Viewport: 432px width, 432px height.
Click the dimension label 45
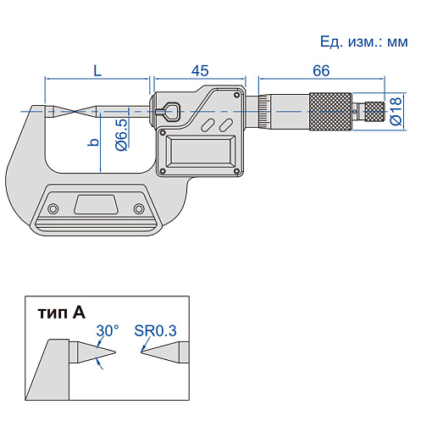click(x=200, y=70)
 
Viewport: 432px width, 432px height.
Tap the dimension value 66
click(x=321, y=70)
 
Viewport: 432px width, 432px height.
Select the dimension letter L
click(x=97, y=70)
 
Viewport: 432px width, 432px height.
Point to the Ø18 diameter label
click(x=396, y=111)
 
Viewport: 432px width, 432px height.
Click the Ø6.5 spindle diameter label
click(x=122, y=135)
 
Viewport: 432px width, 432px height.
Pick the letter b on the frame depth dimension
click(x=93, y=142)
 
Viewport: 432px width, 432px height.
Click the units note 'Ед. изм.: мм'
click(x=364, y=42)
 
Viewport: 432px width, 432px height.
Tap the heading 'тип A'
click(x=61, y=313)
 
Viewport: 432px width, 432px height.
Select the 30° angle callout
click(x=108, y=330)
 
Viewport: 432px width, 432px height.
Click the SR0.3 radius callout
click(x=155, y=330)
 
